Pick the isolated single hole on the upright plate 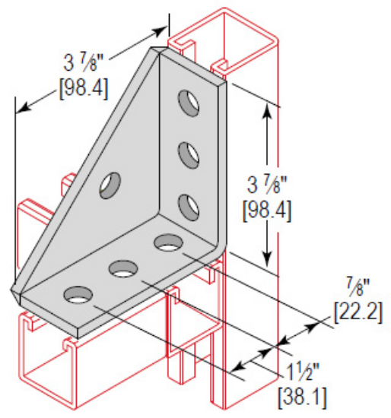[x=112, y=184]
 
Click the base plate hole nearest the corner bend [x=167, y=243]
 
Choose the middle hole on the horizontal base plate [x=122, y=268]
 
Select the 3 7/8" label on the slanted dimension [x=83, y=59]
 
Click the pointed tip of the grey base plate [x=13, y=290]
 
